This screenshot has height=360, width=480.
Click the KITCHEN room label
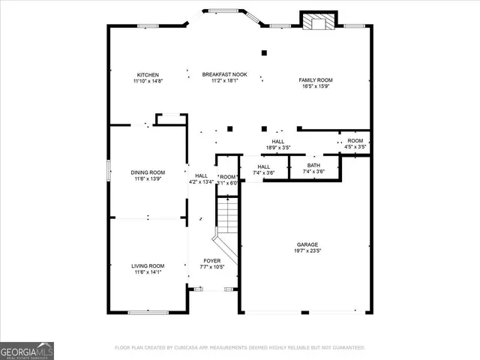pos(148,75)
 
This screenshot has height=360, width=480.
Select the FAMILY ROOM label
pos(316,80)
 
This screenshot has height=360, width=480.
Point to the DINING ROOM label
pos(148,172)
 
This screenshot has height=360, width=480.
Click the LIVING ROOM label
pos(148,266)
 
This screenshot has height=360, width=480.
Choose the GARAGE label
pos(307,244)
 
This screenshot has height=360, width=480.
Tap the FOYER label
pos(211,261)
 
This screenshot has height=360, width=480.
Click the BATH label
pos(313,166)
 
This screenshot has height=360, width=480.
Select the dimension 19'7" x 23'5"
pos(307,251)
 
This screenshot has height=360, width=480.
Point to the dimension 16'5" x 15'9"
pos(316,87)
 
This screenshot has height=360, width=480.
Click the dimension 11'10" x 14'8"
pos(148,81)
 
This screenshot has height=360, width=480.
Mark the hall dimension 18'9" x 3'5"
pos(277,148)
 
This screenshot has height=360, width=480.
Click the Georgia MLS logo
pos(27,350)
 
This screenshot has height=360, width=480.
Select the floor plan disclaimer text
pos(239,348)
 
